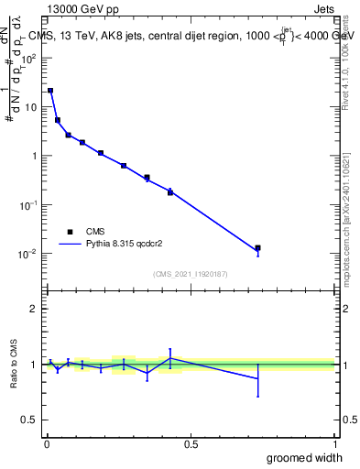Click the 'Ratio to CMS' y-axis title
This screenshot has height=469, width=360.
[x=15, y=366]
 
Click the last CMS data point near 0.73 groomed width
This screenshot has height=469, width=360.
[x=257, y=248]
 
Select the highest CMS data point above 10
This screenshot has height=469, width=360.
[x=50, y=91]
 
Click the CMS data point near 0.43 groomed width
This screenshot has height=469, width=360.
[x=170, y=191]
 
